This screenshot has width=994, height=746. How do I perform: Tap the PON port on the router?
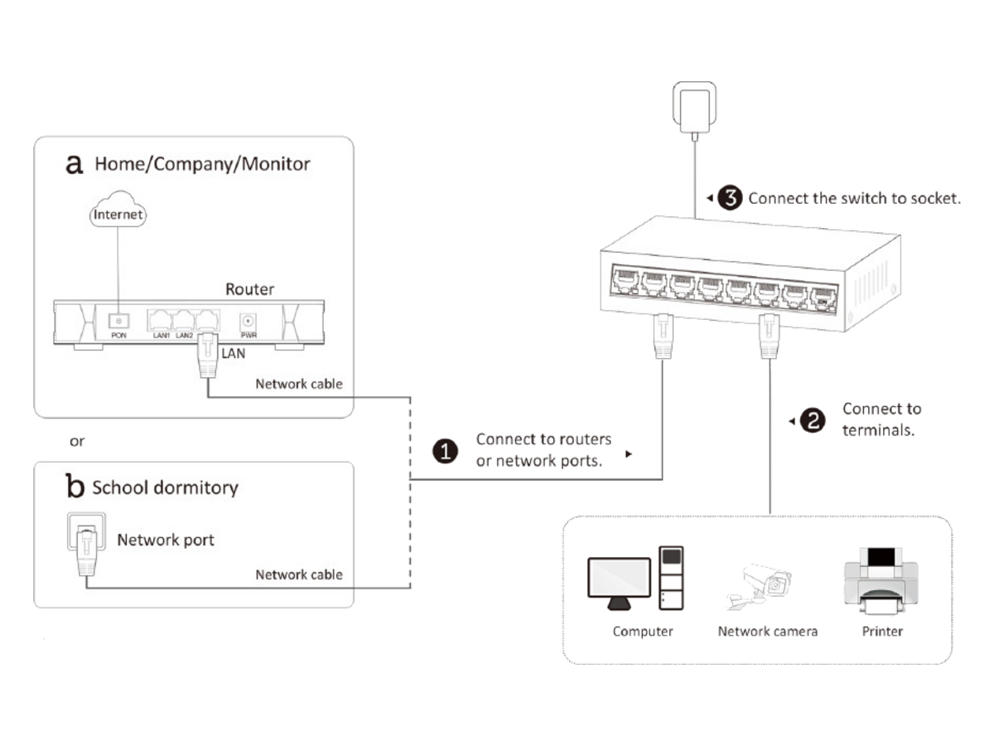click(x=118, y=321)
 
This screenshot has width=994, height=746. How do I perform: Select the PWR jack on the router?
click(x=248, y=322)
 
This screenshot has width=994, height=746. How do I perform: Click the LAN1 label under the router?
click(x=162, y=336)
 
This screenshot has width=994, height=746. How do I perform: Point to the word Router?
click(x=249, y=289)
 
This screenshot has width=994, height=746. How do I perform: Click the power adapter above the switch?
click(x=694, y=109)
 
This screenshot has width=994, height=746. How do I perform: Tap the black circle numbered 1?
click(x=445, y=451)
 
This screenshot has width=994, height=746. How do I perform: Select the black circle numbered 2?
click(x=813, y=420)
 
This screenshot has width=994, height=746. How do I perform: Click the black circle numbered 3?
click(x=730, y=197)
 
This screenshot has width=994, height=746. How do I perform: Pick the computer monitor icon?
click(x=619, y=584)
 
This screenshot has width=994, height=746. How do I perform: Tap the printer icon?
click(x=881, y=581)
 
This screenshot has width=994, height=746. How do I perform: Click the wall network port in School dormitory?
click(x=86, y=531)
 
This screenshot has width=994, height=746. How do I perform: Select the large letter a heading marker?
click(x=75, y=165)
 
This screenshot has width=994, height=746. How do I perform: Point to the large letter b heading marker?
click(x=75, y=486)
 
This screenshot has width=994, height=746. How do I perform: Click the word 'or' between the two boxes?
click(x=77, y=441)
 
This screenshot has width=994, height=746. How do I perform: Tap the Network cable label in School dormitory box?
click(x=299, y=574)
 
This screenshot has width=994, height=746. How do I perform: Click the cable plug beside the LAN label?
click(x=208, y=356)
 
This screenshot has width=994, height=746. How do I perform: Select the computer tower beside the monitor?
click(x=671, y=578)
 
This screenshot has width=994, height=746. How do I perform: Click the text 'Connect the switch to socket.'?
click(x=855, y=198)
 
